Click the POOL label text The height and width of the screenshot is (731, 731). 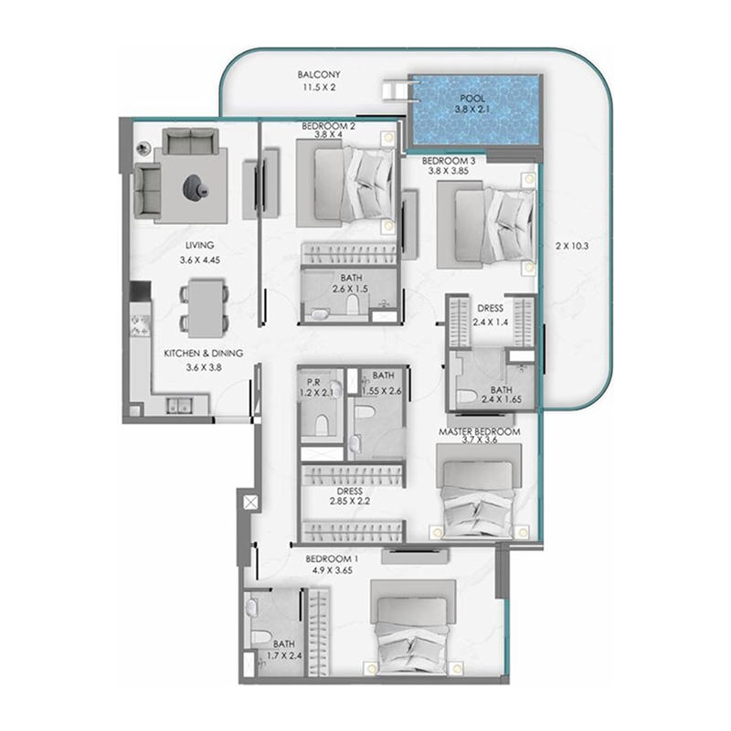[x=473, y=98]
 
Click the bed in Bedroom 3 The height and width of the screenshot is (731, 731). [x=485, y=225]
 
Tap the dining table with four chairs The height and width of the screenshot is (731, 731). [x=206, y=306]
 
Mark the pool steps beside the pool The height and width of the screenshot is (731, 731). [x=395, y=90]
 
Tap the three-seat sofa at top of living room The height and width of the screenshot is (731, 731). [x=190, y=142]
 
